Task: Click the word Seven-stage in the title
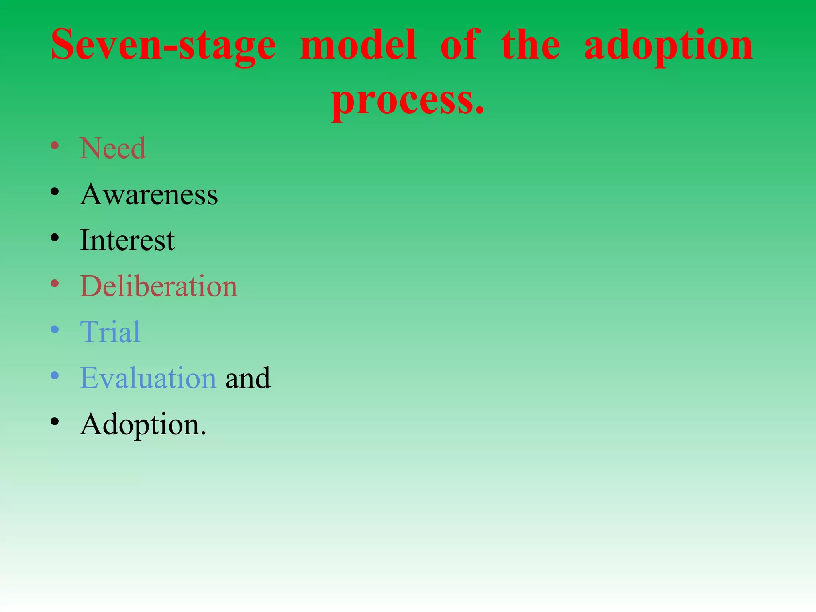coord(163,45)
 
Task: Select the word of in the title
coord(459,45)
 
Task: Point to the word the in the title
coord(530,45)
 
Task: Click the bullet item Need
coord(113,148)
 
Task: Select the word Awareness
coord(149,194)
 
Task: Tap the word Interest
coord(127,240)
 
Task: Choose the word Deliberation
coord(159,286)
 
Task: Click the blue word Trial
coord(110,332)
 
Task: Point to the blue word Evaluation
coord(148,378)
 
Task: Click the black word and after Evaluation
coord(247,378)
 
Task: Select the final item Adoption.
coord(143,424)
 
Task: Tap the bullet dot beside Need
coord(55,146)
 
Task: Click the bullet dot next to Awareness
coord(55,192)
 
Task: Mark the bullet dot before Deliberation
coord(55,284)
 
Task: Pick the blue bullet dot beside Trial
coord(55,330)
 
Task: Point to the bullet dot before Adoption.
coord(55,422)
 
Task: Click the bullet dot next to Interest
coord(55,238)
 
